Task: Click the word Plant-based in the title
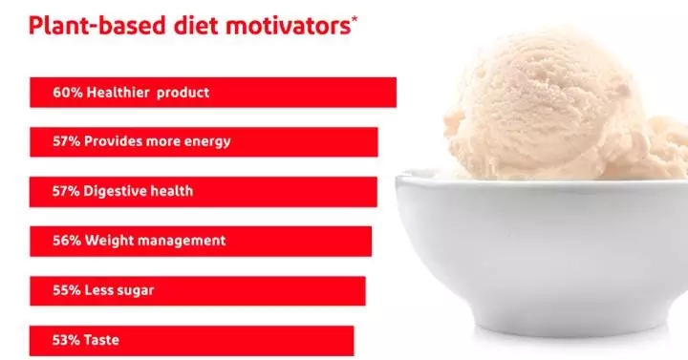click(x=97, y=26)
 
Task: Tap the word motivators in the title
click(x=289, y=26)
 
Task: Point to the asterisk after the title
click(x=355, y=19)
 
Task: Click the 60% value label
click(x=68, y=93)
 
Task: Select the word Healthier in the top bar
click(x=118, y=93)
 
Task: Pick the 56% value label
click(x=67, y=241)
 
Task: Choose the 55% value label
click(x=67, y=290)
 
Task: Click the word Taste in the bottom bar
click(x=101, y=340)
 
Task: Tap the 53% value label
click(x=67, y=340)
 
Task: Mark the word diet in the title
click(x=196, y=26)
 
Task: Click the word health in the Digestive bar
click(x=172, y=191)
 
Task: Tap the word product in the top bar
click(x=183, y=93)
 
